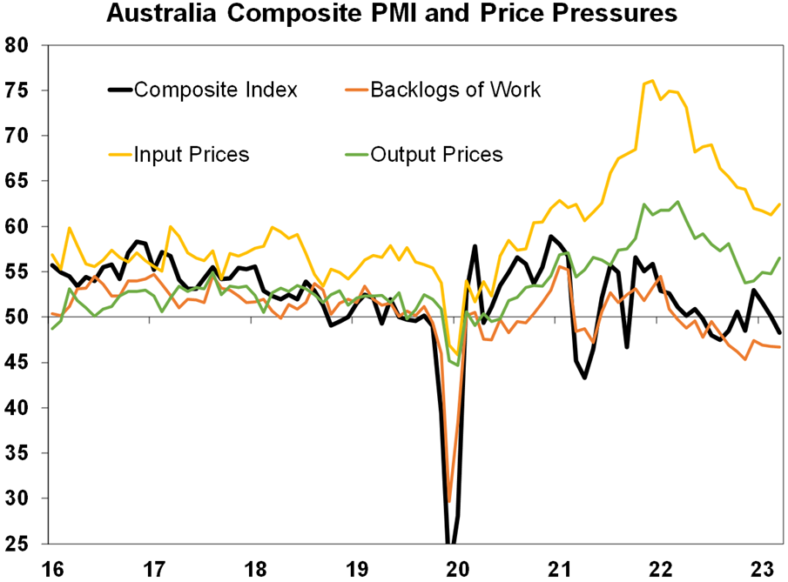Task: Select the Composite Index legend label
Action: coord(216,90)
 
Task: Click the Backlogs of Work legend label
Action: coord(455,90)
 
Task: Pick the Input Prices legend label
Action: coord(192,155)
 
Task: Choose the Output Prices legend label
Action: coord(436,155)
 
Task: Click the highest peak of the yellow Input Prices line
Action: coord(652,81)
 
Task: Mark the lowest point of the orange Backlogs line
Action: coord(449,501)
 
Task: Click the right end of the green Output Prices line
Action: coord(779,258)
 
